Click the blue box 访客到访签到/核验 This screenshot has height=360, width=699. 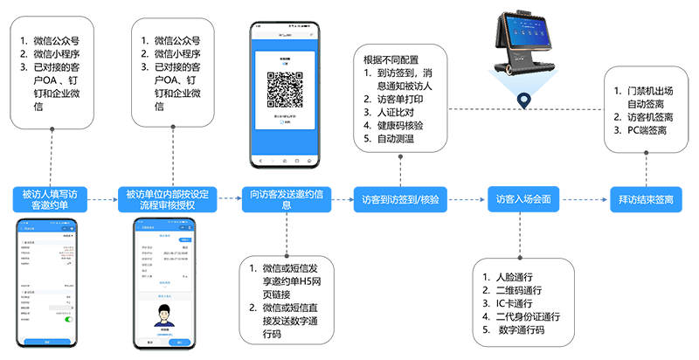coord(399,199)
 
